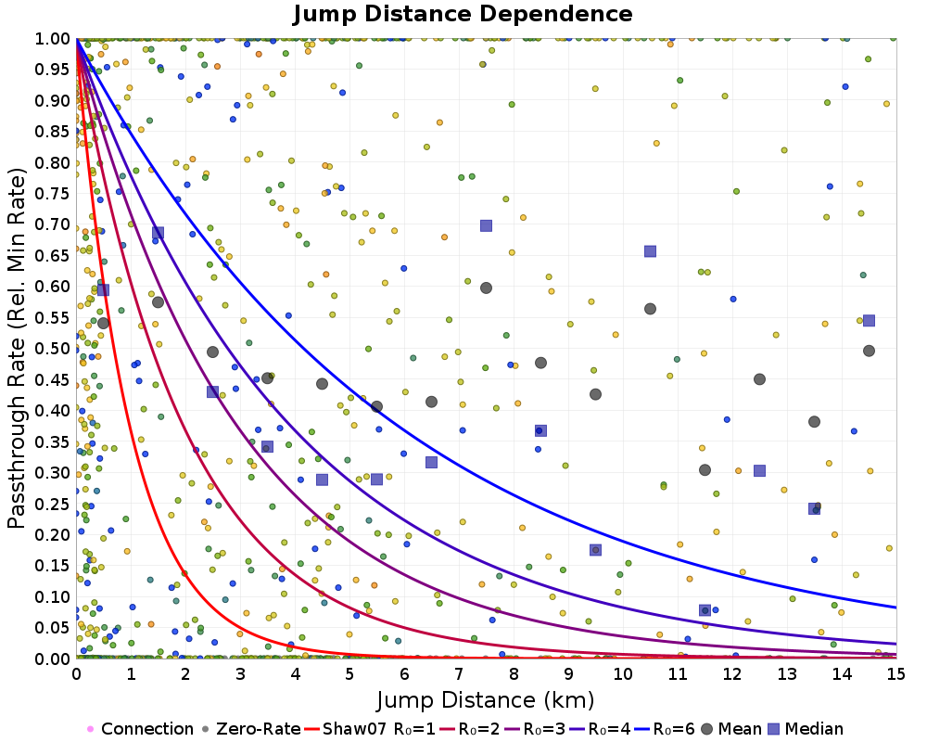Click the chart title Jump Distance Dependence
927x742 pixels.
[463, 14]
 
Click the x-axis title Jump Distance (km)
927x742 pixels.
[485, 698]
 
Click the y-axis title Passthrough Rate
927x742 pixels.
[17, 349]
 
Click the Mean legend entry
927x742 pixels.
[730, 729]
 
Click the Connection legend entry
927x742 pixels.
[146, 729]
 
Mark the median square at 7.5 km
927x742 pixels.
[486, 225]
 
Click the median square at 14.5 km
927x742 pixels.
[869, 321]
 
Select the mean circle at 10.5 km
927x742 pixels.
[650, 309]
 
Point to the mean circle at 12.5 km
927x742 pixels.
[759, 379]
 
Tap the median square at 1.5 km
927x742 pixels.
[158, 233]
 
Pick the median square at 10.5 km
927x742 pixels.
[650, 251]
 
